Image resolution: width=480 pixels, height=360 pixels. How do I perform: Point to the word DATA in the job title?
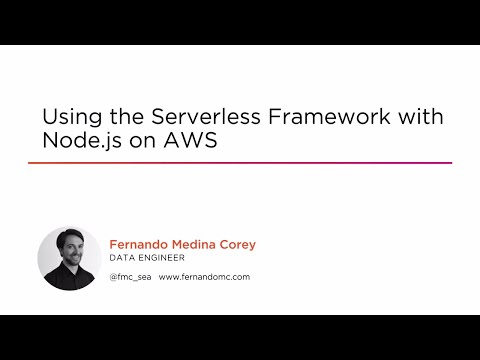[x=121, y=256]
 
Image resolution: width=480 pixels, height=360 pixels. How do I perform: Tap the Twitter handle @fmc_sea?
[x=129, y=277]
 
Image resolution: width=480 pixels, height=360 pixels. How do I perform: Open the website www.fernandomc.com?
[x=204, y=277]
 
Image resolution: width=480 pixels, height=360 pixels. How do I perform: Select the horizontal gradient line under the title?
[x=239, y=163]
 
